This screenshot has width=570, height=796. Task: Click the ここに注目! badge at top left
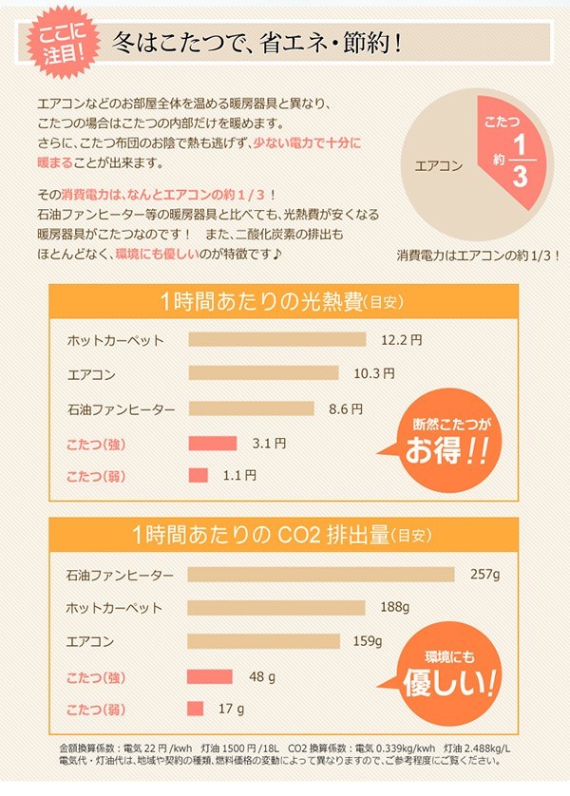pos(66,42)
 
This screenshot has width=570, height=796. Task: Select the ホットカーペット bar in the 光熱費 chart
pos(277,339)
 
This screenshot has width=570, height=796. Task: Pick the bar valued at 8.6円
pos(251,409)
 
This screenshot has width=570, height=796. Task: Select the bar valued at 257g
pos(323,575)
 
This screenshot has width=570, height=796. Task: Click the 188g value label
pos(394,608)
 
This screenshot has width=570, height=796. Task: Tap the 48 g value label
pos(262,676)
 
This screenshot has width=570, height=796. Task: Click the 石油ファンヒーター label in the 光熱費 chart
pos(121,409)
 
